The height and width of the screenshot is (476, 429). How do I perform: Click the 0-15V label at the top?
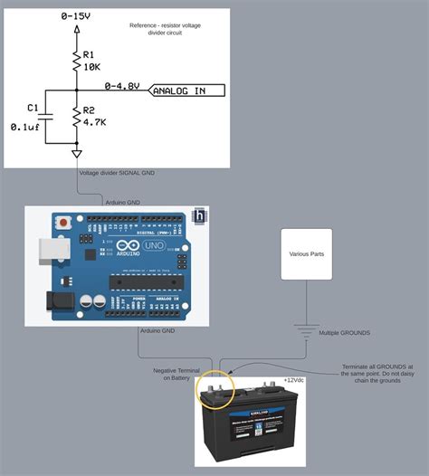[75, 15]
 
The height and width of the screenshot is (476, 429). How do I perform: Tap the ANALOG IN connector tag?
[189, 90]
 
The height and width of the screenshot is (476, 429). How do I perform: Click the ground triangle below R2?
[75, 154]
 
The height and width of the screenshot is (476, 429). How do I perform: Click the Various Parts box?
[307, 254]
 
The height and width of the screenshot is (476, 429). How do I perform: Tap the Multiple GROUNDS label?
[344, 333]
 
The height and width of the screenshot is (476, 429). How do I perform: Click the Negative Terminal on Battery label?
[172, 374]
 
